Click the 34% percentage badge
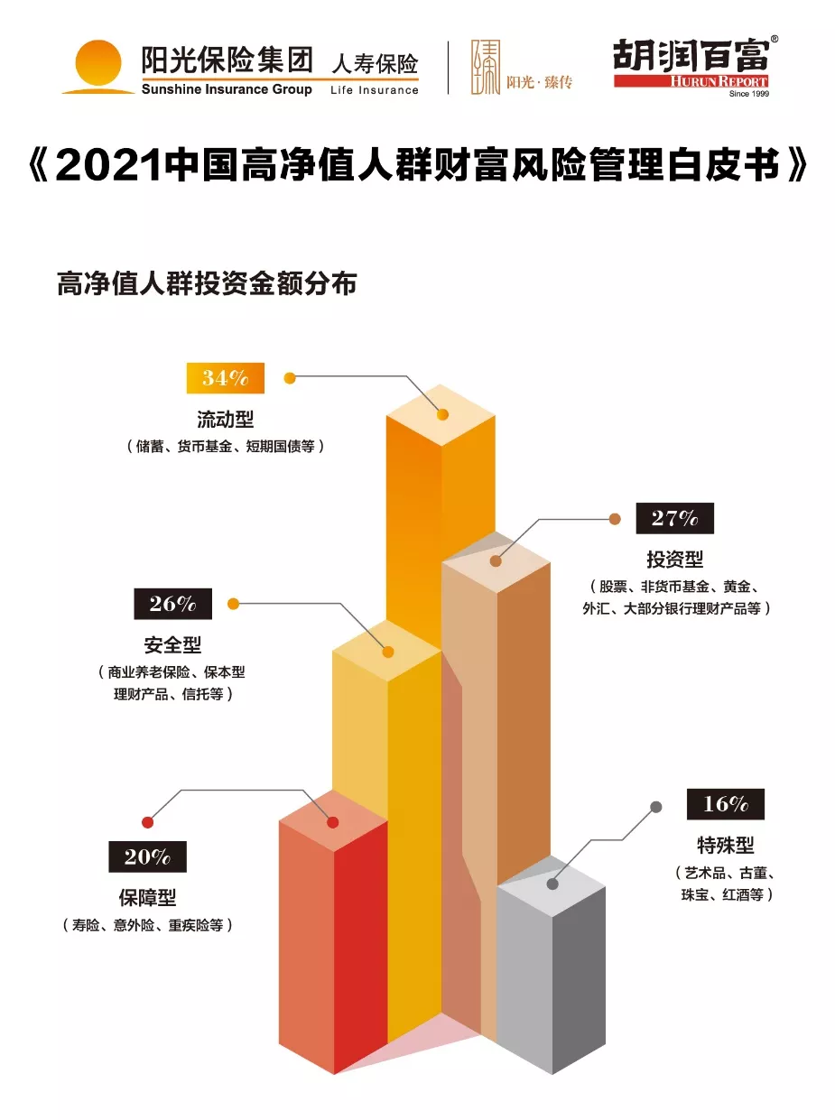click(x=225, y=378)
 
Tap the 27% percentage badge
click(x=674, y=518)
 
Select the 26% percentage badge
click(x=172, y=604)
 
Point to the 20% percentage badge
click(x=147, y=856)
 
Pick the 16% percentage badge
click(x=725, y=803)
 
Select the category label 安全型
click(x=172, y=645)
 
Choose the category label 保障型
click(x=147, y=898)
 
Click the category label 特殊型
click(x=725, y=846)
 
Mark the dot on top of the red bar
click(x=332, y=822)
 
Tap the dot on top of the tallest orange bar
click(x=442, y=414)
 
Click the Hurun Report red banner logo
click(x=691, y=81)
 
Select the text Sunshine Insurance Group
click(x=227, y=89)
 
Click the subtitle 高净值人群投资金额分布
click(x=207, y=283)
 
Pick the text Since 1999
click(x=747, y=93)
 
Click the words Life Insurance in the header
click(x=375, y=90)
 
